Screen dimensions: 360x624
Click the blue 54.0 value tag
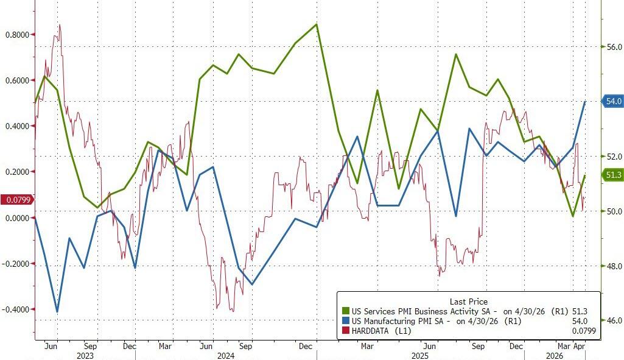tap(612, 102)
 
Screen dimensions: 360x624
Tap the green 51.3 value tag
tap(612, 175)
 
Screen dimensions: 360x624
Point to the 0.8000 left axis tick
tap(16, 35)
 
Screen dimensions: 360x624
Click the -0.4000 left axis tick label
tap(15, 309)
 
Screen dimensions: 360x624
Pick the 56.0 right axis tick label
tap(612, 47)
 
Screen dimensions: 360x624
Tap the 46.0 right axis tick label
tap(612, 320)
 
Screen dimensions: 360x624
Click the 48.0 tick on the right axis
tap(612, 266)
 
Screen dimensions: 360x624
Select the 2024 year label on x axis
tap(226, 355)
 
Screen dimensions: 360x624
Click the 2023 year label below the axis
tap(85, 355)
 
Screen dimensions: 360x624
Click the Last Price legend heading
tap(468, 302)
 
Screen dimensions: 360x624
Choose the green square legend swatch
tap(346, 311)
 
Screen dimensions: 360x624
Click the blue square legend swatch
tap(346, 321)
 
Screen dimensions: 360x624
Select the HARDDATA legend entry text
tap(373, 331)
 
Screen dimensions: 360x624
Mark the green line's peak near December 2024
tap(317, 24)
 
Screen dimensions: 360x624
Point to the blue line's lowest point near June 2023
tap(57, 312)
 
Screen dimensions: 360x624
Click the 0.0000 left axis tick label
tap(16, 217)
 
